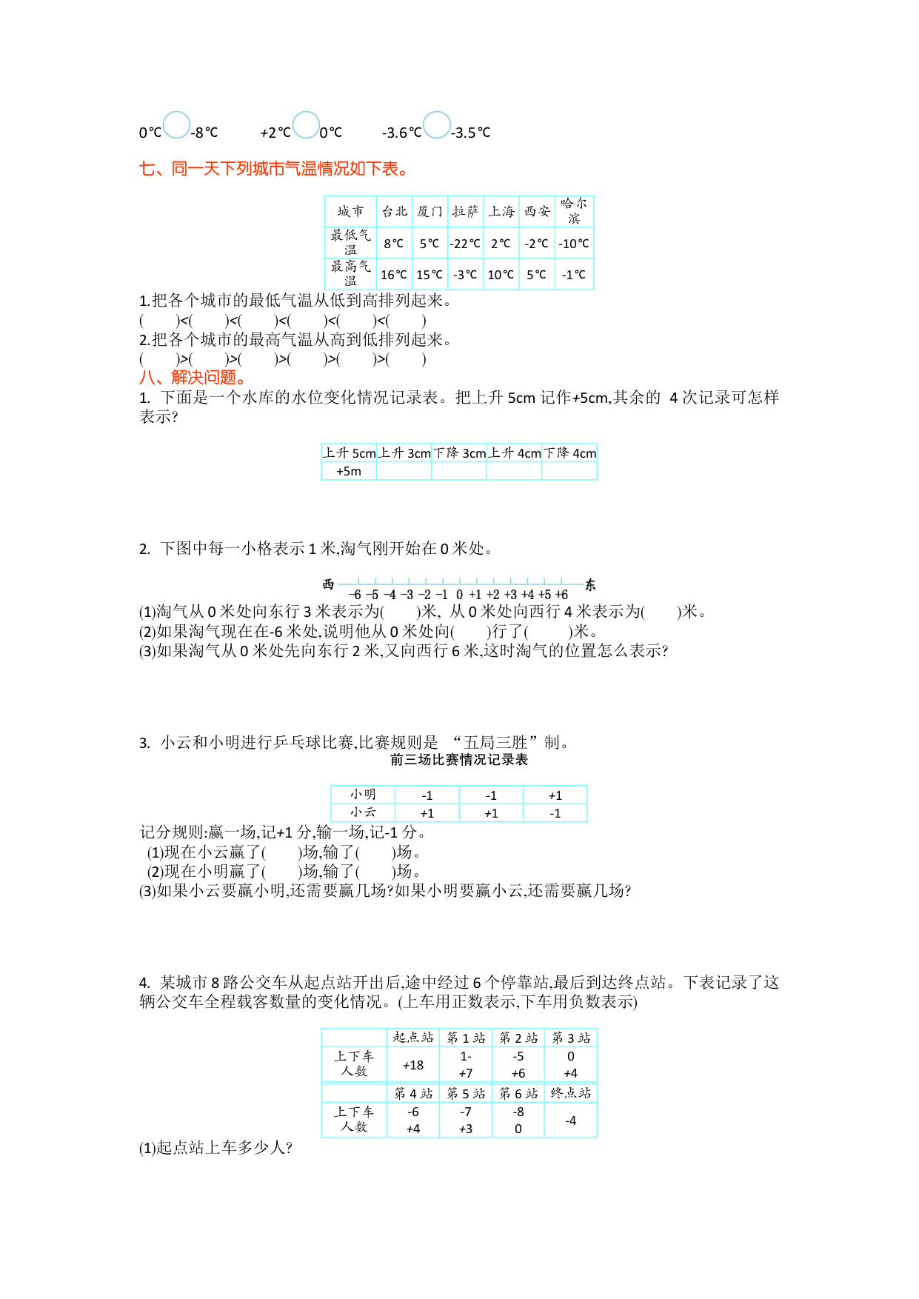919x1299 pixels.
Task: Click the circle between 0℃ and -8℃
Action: [176, 125]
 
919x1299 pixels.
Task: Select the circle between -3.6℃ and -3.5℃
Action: [437, 125]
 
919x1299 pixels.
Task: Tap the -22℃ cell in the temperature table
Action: [465, 244]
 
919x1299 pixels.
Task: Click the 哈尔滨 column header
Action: [574, 211]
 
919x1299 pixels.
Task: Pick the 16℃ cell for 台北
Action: [394, 275]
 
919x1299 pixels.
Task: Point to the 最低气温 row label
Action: [350, 242]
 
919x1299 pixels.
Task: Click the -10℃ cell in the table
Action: [574, 244]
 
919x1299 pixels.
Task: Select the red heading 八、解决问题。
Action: [193, 378]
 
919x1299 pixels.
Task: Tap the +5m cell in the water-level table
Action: [349, 471]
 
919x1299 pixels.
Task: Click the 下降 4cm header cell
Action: [569, 453]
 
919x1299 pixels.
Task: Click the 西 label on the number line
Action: [329, 585]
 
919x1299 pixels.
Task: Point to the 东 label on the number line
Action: [590, 585]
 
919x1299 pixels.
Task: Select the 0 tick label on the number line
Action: [459, 595]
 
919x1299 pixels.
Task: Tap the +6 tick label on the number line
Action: [561, 595]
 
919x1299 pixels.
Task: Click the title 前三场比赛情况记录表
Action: [459, 760]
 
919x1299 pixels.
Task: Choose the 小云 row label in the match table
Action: [363, 812]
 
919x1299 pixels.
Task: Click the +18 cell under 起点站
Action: [413, 1065]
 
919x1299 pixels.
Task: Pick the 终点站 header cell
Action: [570, 1093]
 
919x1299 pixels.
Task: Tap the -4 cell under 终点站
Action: [570, 1121]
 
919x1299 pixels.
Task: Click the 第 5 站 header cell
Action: [466, 1093]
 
